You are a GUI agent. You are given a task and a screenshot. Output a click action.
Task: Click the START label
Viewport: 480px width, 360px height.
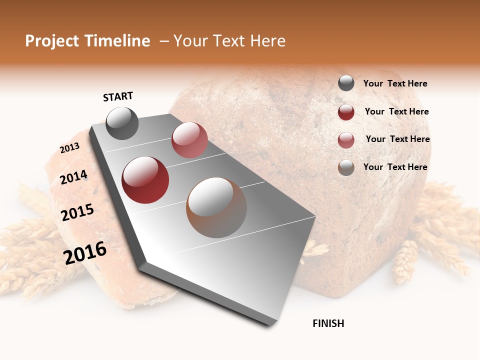tap(118, 96)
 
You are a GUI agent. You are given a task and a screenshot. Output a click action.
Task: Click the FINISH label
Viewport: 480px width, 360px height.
tap(328, 323)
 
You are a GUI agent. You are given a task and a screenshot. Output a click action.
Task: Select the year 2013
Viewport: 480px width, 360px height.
tap(70, 148)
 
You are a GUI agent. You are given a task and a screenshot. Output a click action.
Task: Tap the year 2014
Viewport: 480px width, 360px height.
tap(74, 177)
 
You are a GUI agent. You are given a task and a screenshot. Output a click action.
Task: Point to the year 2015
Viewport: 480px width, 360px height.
tap(77, 212)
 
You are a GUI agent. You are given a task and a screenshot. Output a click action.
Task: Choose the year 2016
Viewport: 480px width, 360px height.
tap(85, 253)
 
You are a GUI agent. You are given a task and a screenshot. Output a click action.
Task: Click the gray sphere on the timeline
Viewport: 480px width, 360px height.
tap(122, 123)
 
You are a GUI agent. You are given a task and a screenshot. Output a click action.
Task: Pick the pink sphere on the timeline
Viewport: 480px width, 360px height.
tap(189, 140)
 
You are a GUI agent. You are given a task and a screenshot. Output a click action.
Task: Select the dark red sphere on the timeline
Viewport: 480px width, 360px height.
tap(145, 180)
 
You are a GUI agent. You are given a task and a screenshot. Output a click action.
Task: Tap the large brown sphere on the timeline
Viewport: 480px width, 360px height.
tap(216, 207)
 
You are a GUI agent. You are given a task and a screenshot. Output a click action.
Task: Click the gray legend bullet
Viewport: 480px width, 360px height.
tap(346, 83)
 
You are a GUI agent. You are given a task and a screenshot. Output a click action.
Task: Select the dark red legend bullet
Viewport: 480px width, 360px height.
tap(346, 112)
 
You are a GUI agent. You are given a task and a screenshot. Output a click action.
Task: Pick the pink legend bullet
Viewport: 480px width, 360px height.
tap(346, 140)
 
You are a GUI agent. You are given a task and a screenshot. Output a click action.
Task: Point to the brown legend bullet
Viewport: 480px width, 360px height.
tap(346, 167)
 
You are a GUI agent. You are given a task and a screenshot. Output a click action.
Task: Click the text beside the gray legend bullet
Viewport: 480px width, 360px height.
tap(395, 84)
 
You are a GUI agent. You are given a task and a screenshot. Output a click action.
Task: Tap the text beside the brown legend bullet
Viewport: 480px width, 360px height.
tap(395, 167)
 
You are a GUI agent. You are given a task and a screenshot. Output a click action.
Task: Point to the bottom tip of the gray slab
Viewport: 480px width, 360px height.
tap(270, 325)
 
